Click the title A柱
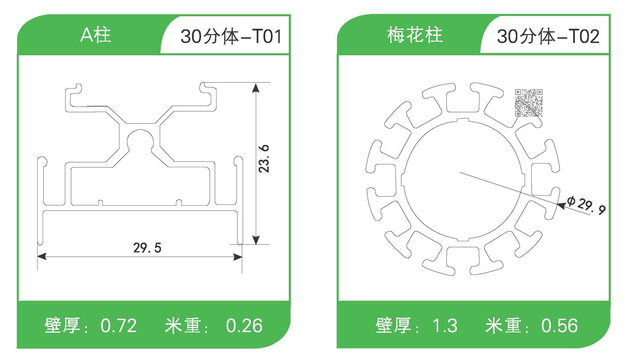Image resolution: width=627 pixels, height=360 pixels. (x=96, y=35)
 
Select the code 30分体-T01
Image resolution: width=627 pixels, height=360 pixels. (x=230, y=36)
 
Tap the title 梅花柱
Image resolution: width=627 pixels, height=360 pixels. (x=415, y=35)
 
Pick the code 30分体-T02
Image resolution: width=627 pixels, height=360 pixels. (x=548, y=36)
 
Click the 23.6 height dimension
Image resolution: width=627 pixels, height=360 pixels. (x=264, y=159)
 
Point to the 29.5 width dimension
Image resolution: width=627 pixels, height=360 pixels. (x=147, y=248)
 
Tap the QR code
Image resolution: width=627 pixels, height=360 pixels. (x=528, y=102)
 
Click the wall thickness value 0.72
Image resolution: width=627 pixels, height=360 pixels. (x=119, y=326)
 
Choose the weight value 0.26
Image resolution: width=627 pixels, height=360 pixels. (x=244, y=326)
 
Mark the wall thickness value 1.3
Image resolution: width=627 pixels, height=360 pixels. (x=445, y=326)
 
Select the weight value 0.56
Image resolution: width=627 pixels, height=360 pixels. (x=559, y=326)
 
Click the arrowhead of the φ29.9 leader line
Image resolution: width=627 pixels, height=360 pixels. (x=561, y=204)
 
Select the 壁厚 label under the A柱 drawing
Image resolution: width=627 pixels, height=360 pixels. (x=62, y=326)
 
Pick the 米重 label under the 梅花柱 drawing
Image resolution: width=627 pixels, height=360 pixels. (x=503, y=326)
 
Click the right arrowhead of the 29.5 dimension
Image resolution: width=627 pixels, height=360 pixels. (x=238, y=256)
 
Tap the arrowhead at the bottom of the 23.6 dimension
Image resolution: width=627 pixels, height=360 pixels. (x=256, y=240)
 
